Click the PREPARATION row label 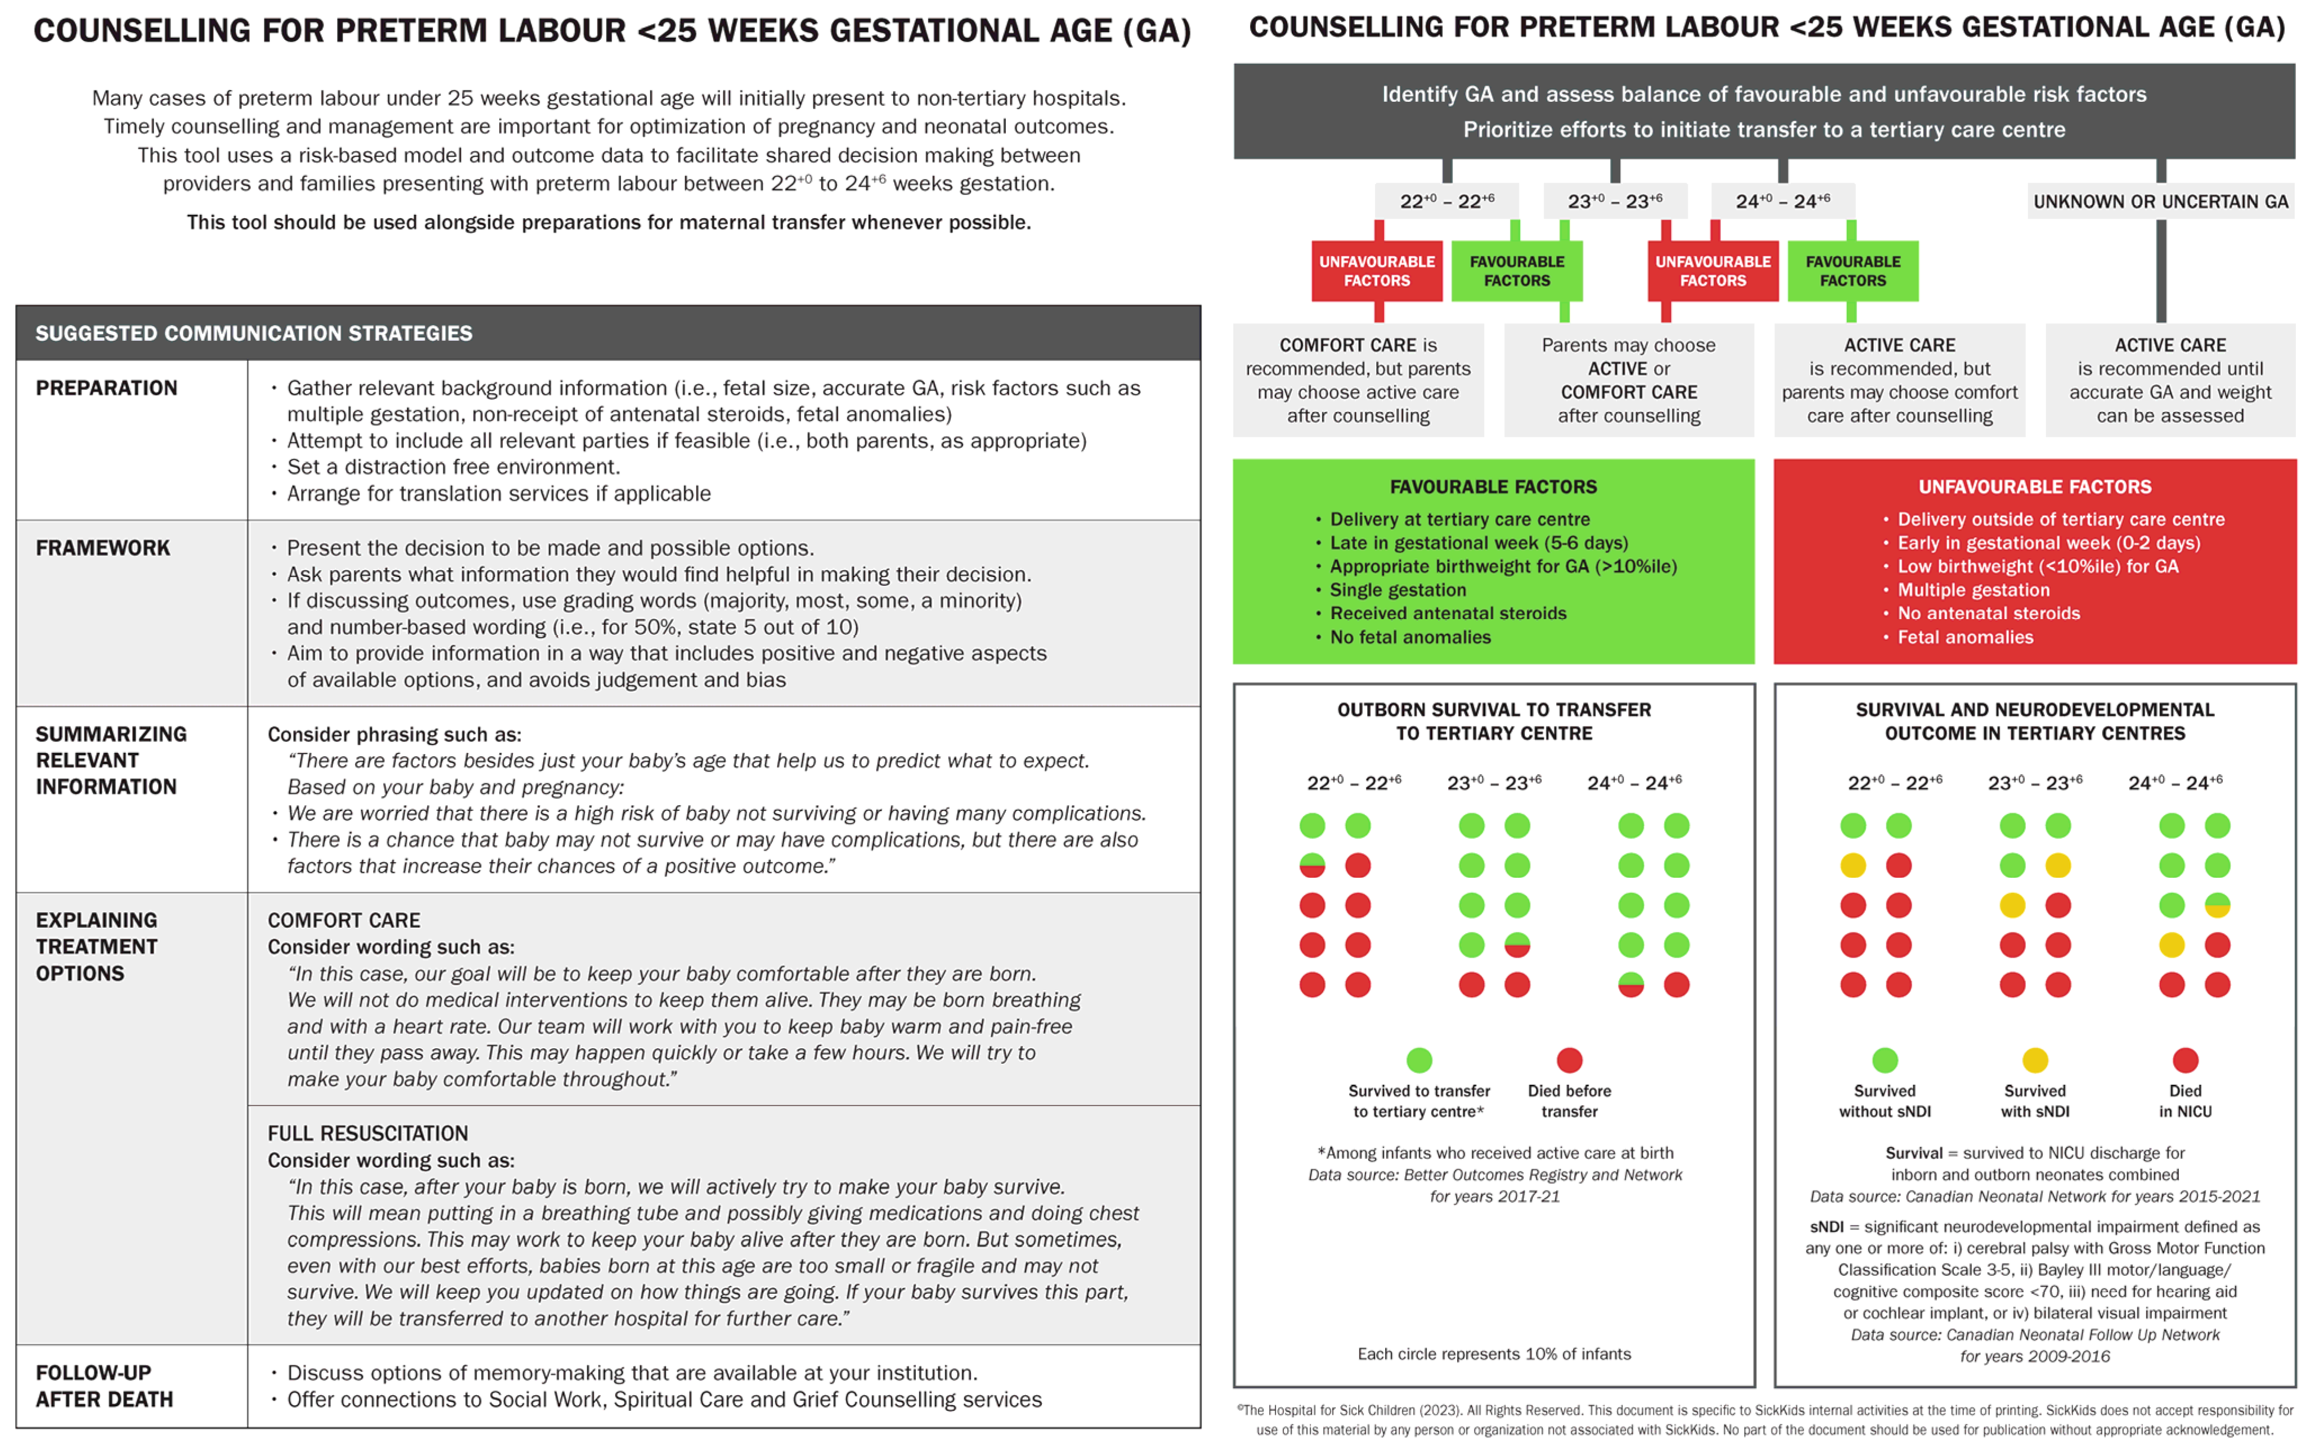[x=106, y=388]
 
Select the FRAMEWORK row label [x=102, y=548]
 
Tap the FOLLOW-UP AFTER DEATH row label [x=104, y=1386]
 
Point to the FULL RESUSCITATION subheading [x=368, y=1134]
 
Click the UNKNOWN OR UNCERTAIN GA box [x=2160, y=201]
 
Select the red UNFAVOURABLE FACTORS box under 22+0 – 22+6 [x=1377, y=271]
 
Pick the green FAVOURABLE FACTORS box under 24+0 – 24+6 [x=1853, y=271]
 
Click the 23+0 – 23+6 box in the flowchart [x=1615, y=201]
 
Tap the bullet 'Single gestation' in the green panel [x=1397, y=590]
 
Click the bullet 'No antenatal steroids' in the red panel [x=1988, y=613]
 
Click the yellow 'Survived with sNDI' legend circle [x=2035, y=1060]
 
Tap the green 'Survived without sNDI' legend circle [x=1885, y=1060]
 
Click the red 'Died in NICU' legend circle [x=2186, y=1060]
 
